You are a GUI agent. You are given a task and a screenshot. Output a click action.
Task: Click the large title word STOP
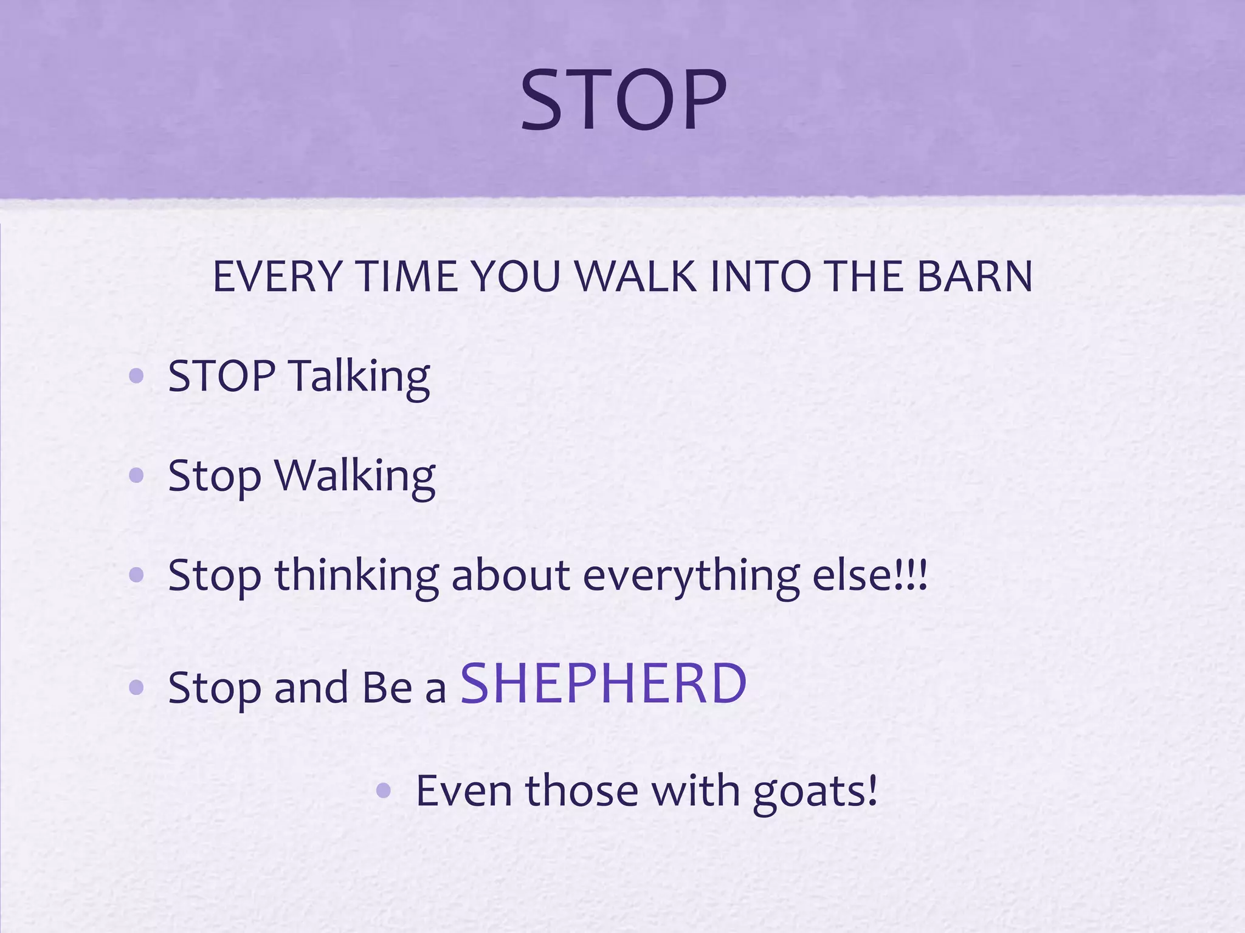coord(623,100)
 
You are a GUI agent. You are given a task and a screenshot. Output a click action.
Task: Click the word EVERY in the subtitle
coord(277,277)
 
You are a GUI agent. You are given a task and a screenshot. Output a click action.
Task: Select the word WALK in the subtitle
coord(635,277)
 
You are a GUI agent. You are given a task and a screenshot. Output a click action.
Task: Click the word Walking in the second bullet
coord(355,477)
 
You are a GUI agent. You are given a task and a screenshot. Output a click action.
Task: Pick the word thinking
coord(357,576)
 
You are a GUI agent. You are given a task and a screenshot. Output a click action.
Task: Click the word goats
coord(815,791)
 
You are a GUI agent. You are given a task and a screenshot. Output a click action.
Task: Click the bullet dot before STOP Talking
coord(137,376)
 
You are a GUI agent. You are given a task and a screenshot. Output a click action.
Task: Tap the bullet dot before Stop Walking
coord(137,476)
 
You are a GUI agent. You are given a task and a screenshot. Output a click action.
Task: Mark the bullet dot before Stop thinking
coord(137,575)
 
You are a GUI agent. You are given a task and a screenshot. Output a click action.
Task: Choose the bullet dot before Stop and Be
coord(137,688)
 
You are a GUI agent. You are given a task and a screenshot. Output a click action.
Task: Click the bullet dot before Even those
coord(384,790)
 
